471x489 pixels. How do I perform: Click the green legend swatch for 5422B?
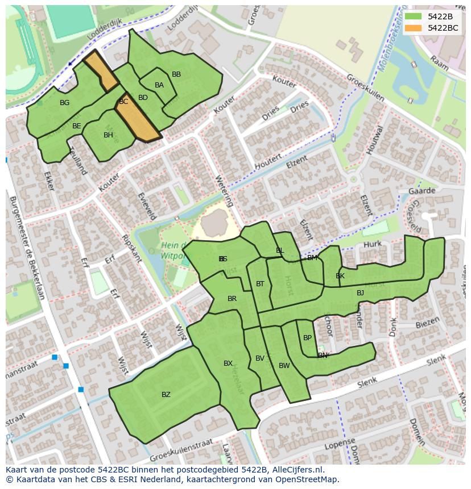tap(413, 16)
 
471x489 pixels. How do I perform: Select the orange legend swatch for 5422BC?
tap(413, 28)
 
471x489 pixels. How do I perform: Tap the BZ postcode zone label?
tap(166, 395)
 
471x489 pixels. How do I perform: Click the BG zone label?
tap(64, 103)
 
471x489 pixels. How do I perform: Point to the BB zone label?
tap(176, 74)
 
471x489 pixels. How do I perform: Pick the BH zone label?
tap(108, 135)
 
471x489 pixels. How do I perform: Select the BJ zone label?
tap(360, 293)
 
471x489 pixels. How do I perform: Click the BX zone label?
tap(228, 363)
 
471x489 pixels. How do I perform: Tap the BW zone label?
tap(284, 366)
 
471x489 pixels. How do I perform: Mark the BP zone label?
tap(307, 338)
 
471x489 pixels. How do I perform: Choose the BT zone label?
tap(260, 284)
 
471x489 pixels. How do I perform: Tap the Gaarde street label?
tap(422, 191)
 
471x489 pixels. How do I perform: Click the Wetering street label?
tap(224, 191)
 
